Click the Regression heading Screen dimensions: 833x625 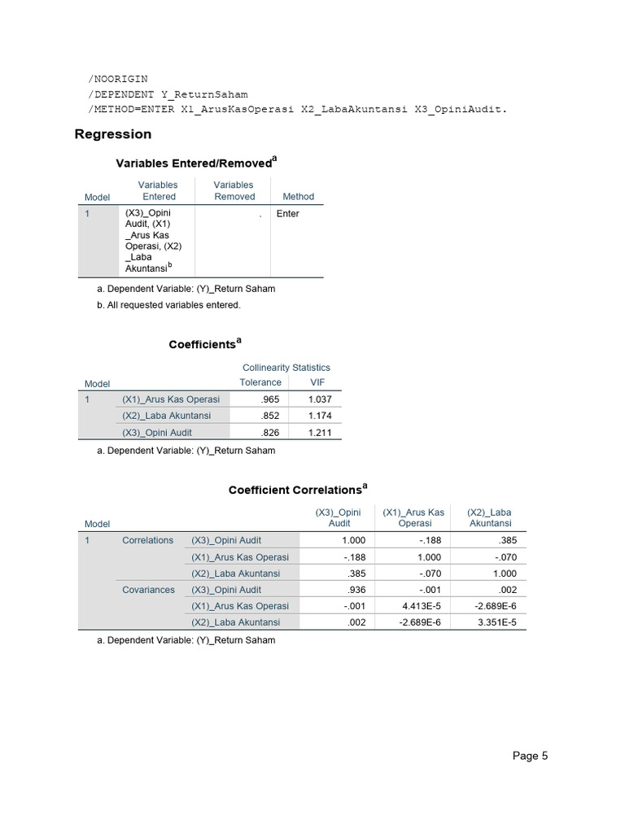tap(113, 134)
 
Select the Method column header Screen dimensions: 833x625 tap(298, 197)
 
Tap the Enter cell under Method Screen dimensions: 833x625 tap(288, 214)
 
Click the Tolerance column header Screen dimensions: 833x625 tap(260, 382)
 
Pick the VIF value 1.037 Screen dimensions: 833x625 tap(320, 399)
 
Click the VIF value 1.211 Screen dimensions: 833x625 tap(320, 434)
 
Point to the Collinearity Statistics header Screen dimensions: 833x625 tap(286, 368)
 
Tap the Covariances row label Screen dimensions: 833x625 tap(148, 590)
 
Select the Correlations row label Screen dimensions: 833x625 tap(148, 540)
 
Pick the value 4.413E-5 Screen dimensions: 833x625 tap(422, 606)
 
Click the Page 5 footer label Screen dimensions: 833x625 tap(530, 756)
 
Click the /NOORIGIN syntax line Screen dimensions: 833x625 tap(118, 79)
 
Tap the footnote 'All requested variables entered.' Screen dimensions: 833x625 tap(173, 305)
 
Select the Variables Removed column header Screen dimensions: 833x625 tap(234, 191)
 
